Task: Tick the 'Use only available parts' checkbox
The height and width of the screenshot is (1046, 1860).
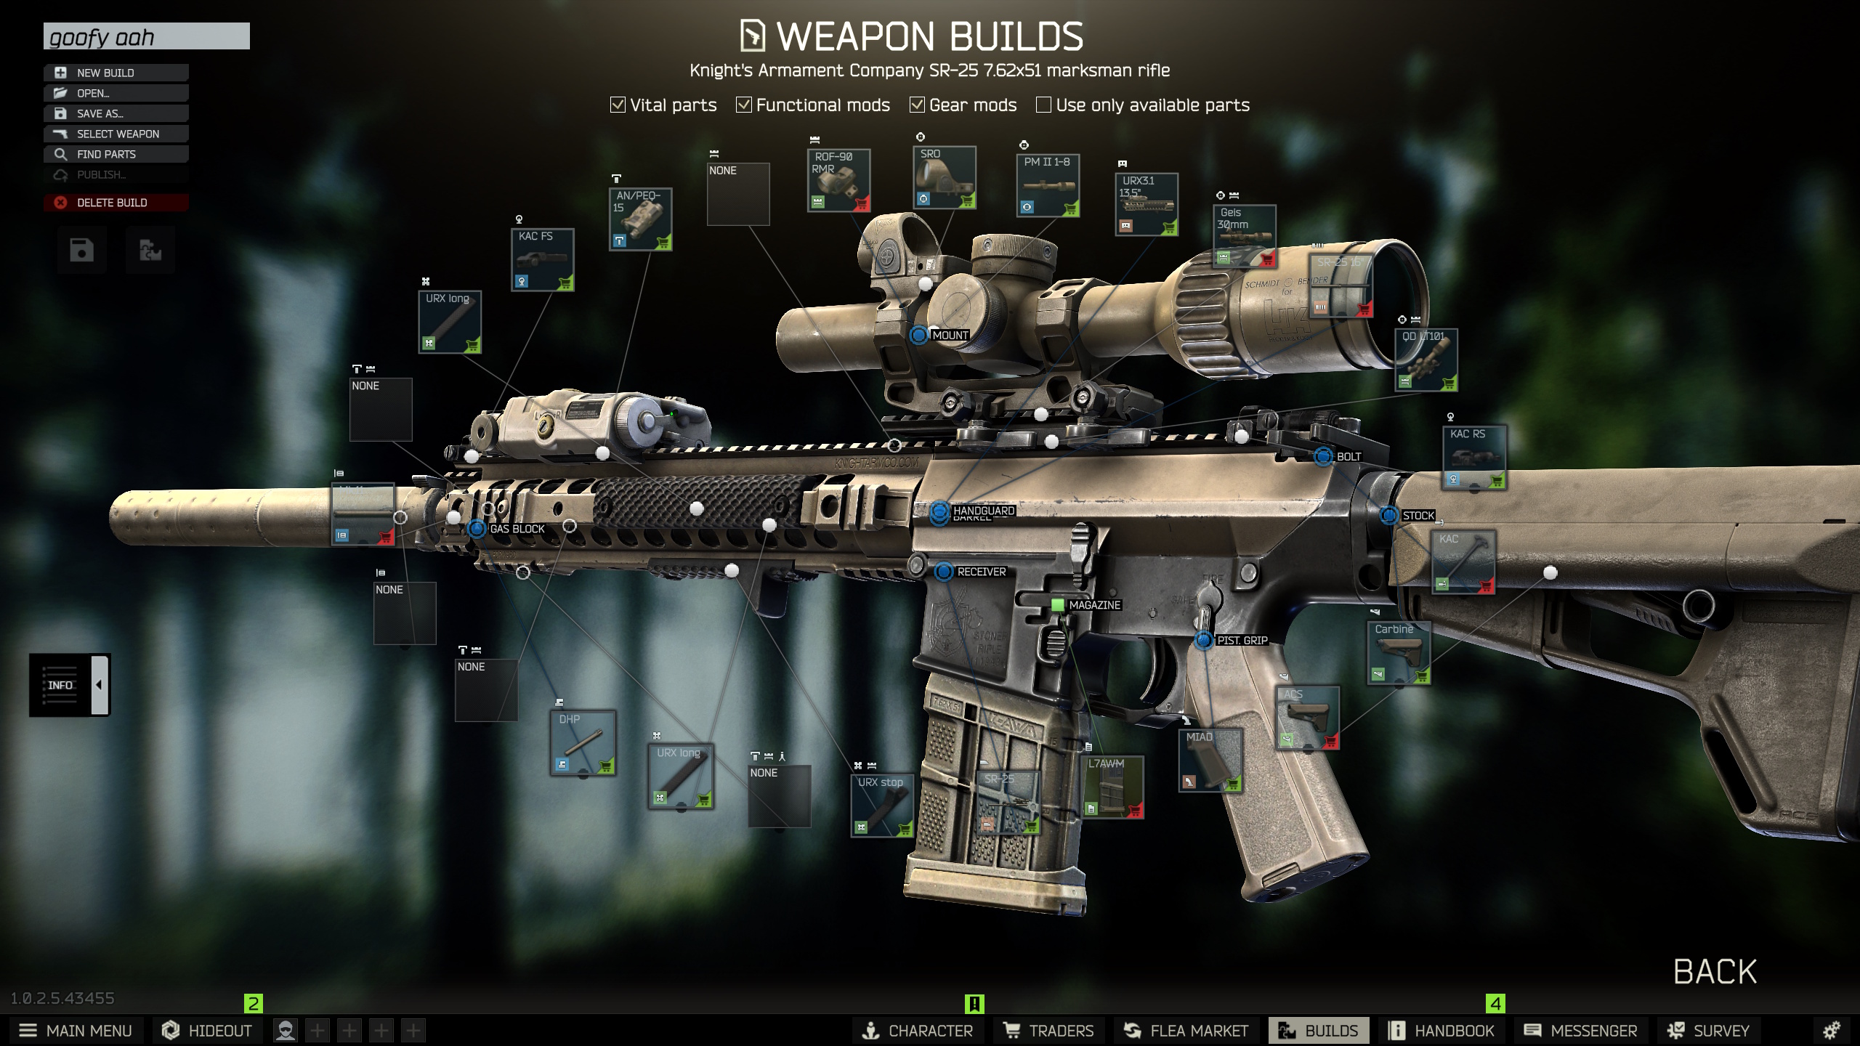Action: (x=1043, y=105)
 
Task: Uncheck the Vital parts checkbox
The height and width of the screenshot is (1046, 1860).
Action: (x=618, y=105)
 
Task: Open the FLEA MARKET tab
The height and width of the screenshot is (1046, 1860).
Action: (x=1186, y=1030)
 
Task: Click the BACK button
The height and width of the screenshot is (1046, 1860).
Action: (x=1715, y=971)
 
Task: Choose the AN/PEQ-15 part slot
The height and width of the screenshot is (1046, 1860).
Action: (x=640, y=219)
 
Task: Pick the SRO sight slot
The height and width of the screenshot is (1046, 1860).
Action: (x=944, y=177)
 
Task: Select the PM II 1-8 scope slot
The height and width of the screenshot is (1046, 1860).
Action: (x=1047, y=185)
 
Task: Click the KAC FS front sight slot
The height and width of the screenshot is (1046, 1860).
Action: (x=543, y=260)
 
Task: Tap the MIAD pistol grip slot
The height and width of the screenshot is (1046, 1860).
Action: (x=1210, y=760)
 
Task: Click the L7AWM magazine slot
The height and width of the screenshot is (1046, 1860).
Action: (x=1112, y=787)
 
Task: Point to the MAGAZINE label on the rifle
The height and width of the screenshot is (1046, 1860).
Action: (x=1094, y=605)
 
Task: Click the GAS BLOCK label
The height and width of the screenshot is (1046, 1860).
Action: (x=517, y=529)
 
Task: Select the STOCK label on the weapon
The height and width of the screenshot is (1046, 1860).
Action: (x=1418, y=516)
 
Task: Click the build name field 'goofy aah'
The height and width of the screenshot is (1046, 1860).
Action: (x=146, y=36)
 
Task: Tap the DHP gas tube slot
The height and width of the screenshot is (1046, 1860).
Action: (x=583, y=743)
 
